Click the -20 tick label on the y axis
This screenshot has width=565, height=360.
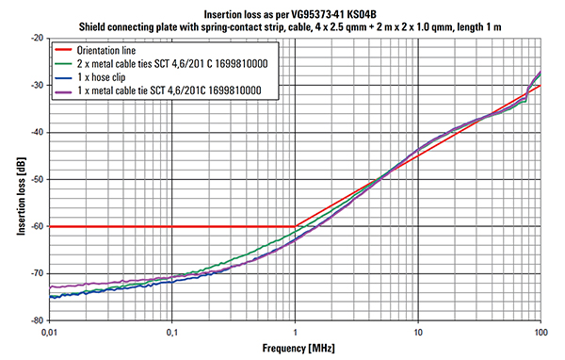38,39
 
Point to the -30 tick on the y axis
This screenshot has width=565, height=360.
38,86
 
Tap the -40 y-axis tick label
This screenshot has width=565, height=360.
38,133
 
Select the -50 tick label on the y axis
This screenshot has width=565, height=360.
38,179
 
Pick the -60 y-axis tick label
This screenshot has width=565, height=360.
38,226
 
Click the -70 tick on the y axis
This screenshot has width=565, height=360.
38,273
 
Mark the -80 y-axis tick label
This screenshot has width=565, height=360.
38,319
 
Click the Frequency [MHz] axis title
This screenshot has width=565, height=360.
294,349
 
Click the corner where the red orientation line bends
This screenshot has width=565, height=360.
295,226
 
